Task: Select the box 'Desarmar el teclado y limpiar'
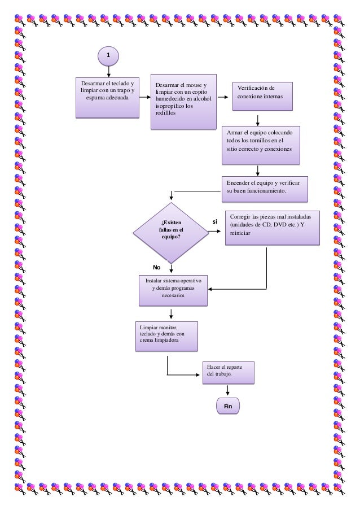107,98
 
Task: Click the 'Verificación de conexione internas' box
263,97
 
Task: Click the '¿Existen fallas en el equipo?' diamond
170,232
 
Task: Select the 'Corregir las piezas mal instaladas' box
273,228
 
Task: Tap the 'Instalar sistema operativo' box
173,290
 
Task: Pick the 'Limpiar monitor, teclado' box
166,336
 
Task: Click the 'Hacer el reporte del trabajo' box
228,372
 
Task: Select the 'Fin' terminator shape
228,406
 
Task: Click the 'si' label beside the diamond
215,222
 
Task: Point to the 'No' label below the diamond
157,267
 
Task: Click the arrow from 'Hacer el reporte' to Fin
228,390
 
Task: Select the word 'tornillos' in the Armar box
256,140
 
